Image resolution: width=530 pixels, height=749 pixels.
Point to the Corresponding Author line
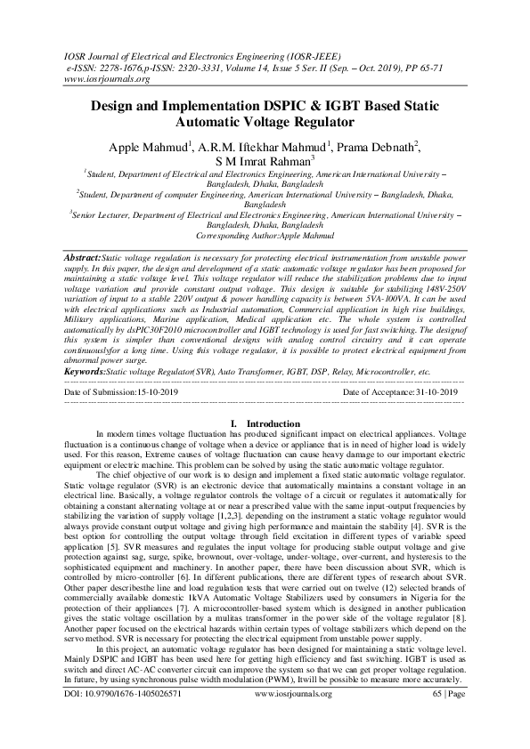(265, 238)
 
